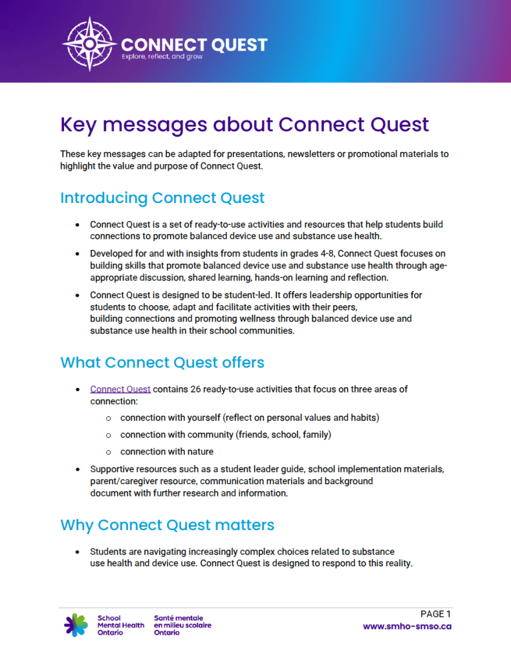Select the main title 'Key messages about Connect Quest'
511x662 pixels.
point(245,123)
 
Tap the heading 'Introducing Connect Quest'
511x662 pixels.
point(162,197)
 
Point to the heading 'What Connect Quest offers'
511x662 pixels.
point(162,362)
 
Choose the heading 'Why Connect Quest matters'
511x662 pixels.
point(167,525)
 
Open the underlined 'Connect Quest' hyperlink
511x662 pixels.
point(120,389)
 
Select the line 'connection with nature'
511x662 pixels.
point(166,451)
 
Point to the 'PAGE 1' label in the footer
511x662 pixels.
point(435,614)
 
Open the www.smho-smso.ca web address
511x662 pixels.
point(407,626)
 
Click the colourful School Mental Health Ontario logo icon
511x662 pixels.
point(76,625)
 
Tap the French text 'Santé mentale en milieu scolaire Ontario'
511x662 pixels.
point(182,625)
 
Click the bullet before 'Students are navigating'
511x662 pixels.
point(77,552)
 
